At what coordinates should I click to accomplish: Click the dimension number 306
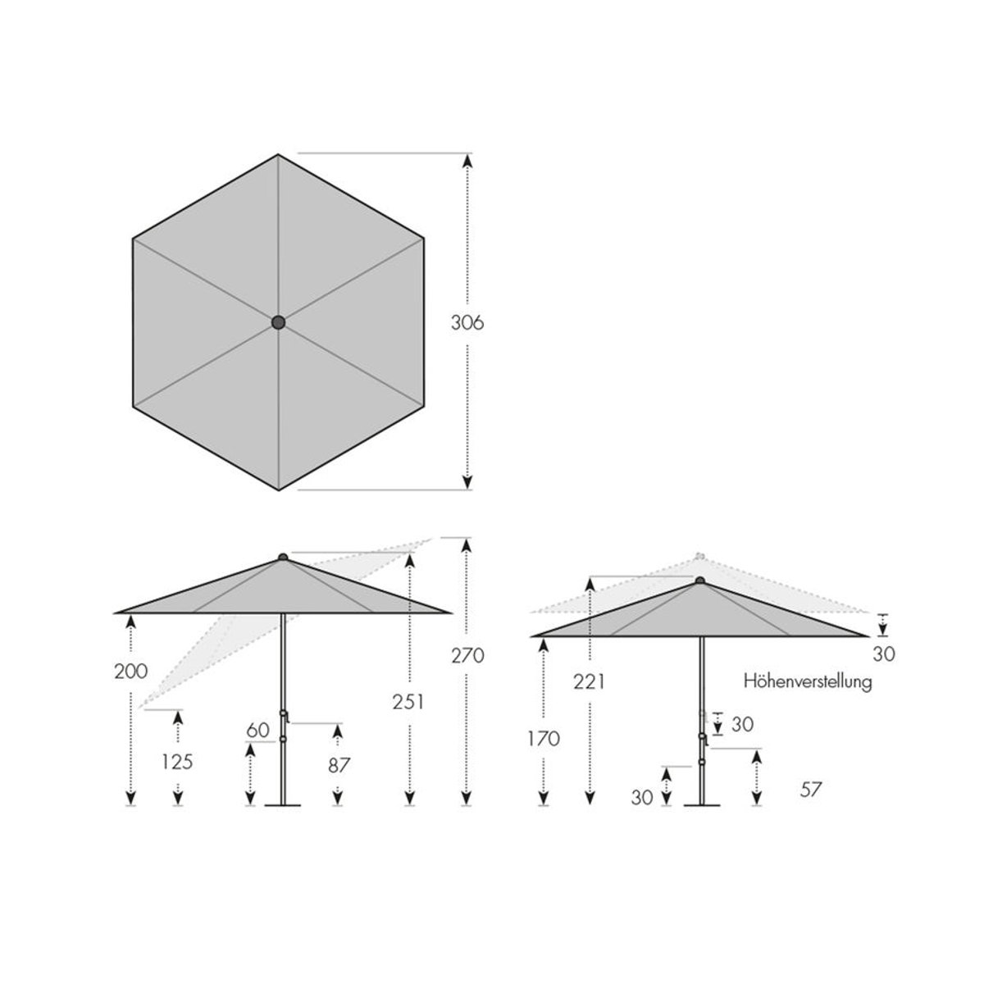467,323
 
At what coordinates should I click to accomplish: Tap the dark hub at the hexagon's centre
278,322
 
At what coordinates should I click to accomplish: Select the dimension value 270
467,656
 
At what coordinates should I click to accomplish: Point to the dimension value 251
408,703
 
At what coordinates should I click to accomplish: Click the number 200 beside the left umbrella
131,672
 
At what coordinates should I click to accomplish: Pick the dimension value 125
177,762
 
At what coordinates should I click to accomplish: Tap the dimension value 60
257,731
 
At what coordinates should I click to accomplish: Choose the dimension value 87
338,765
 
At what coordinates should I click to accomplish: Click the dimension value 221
589,681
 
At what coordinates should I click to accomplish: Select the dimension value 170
544,738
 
